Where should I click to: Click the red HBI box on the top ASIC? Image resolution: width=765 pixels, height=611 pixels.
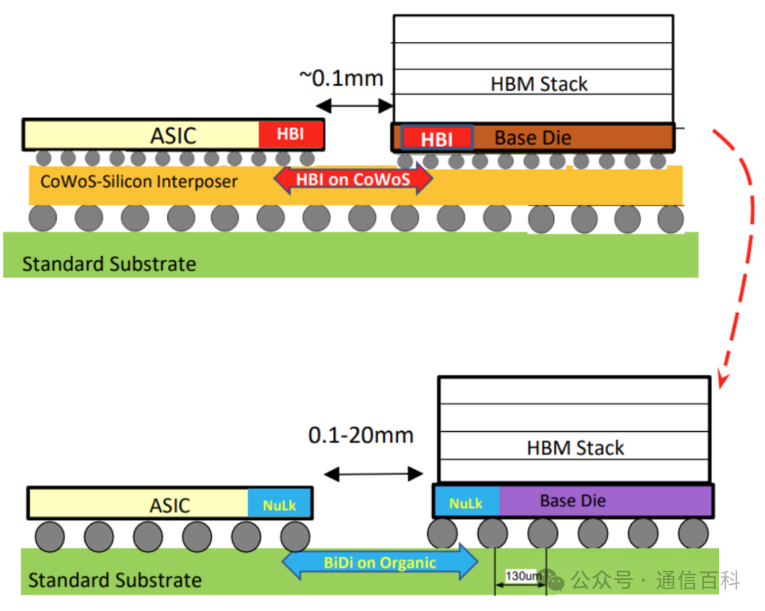(290, 135)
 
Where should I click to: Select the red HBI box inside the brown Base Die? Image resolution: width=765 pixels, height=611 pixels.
(437, 138)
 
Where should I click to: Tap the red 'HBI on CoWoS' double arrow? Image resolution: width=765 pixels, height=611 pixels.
(353, 179)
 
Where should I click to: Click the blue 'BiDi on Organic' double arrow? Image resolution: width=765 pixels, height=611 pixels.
(380, 563)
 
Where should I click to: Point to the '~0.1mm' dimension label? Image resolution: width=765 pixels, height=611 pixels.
(341, 77)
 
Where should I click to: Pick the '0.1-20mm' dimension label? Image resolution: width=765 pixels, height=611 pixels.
(361, 435)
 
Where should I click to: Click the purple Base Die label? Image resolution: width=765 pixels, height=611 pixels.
(572, 501)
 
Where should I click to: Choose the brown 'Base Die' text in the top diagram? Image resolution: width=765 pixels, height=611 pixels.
(533, 137)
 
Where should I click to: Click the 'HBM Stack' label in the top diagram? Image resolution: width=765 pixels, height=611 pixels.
(539, 84)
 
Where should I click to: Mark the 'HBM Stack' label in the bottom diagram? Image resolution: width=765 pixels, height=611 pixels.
(575, 448)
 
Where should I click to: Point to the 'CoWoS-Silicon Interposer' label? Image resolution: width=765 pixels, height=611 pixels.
(139, 181)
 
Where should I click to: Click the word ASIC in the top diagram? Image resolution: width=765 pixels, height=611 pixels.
(173, 135)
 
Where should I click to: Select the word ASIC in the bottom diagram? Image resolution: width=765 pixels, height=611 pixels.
(170, 506)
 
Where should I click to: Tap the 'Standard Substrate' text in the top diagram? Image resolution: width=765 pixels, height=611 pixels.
(109, 265)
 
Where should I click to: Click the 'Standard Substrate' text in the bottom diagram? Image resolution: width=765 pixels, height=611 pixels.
(115, 581)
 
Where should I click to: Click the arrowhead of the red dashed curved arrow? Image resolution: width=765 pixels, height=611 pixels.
(722, 382)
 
